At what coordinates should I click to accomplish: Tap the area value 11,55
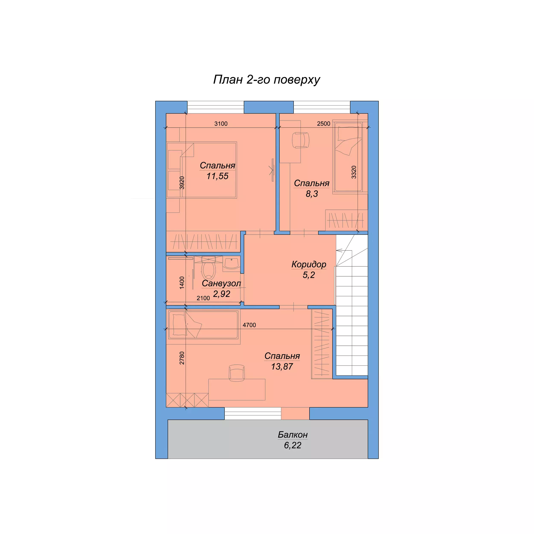(217, 176)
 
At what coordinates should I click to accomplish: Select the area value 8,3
(312, 194)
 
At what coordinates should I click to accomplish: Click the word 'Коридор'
(309, 264)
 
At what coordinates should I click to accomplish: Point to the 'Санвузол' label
(221, 283)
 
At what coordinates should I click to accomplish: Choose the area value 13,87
(282, 367)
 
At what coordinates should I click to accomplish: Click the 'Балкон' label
(293, 435)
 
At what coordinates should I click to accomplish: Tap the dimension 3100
(221, 123)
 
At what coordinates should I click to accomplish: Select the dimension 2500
(323, 123)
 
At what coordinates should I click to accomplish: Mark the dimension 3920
(182, 183)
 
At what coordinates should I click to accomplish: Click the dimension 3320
(354, 172)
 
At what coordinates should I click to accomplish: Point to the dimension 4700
(249, 325)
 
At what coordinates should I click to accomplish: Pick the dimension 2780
(182, 358)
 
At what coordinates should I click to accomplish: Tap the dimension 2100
(203, 298)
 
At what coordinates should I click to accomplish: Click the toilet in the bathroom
(208, 268)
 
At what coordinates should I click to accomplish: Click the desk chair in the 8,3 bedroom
(301, 140)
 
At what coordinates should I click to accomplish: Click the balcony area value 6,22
(293, 445)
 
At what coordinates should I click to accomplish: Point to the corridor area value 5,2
(309, 275)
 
